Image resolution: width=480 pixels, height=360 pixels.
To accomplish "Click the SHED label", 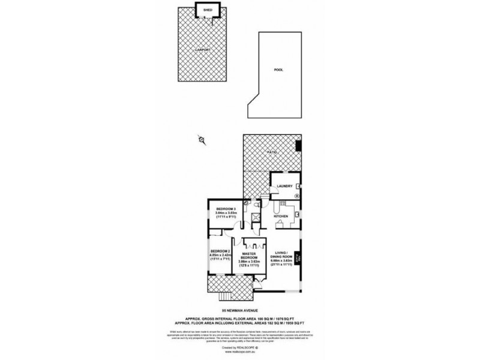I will tap(208, 10).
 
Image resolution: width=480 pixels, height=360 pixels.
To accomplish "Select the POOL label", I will tap(278, 70).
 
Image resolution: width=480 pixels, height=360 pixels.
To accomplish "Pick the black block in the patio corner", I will tap(299, 145).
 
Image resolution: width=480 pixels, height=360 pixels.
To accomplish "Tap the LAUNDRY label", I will tap(284, 186).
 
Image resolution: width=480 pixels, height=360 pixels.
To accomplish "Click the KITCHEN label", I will tap(281, 216).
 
